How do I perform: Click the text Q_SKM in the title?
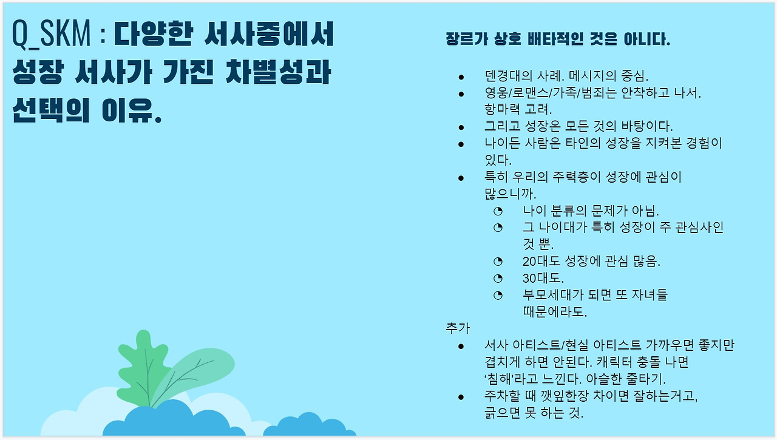51,34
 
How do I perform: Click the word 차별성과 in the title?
279,72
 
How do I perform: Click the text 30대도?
543,278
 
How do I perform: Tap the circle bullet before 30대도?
498,278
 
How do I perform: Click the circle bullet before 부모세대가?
498,295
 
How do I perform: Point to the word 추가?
458,328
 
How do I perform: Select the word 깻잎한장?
560,396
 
